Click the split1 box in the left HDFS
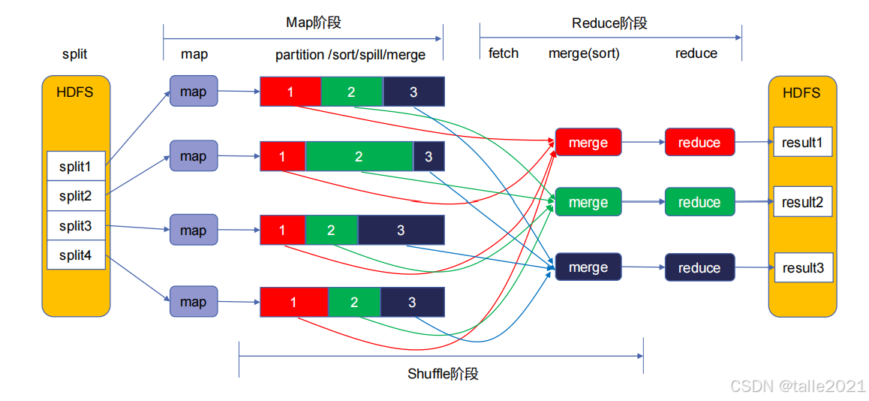point(75,167)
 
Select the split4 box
point(75,255)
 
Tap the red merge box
point(588,143)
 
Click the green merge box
point(588,202)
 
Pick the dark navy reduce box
point(699,268)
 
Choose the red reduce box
point(699,143)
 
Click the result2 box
point(802,202)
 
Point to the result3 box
point(802,268)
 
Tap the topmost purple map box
point(193,92)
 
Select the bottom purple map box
point(193,302)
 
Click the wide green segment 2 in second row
point(359,156)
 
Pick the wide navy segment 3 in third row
point(401,230)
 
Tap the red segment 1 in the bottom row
point(293,302)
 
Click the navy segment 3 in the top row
point(413,92)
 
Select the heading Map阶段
point(314,23)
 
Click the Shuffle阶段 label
point(443,373)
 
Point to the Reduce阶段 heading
point(609,23)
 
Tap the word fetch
point(503,53)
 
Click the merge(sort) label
point(584,53)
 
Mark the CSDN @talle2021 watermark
point(798,386)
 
